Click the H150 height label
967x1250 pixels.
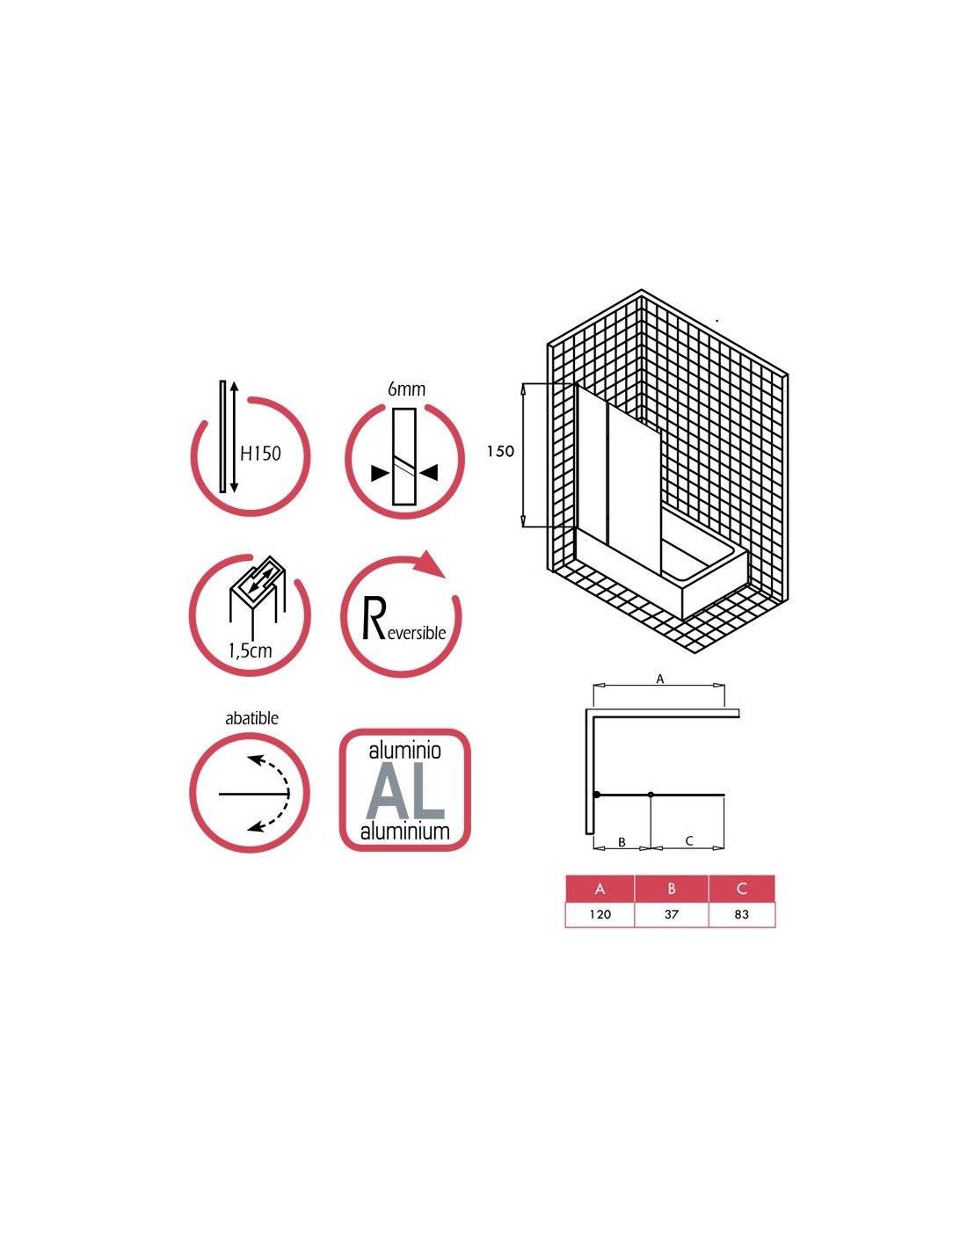coord(260,454)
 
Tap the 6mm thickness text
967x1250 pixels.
coord(406,389)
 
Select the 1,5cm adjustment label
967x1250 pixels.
coord(250,650)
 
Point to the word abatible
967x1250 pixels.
coord(251,718)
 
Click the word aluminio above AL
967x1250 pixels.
coord(404,750)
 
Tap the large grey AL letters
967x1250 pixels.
coord(405,792)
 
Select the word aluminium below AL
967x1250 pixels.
coord(404,831)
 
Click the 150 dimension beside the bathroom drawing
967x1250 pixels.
coord(500,452)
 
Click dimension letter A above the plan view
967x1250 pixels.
coord(660,679)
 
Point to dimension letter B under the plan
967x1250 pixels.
coord(622,842)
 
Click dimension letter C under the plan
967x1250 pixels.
coord(689,841)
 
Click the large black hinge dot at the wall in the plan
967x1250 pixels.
coord(597,795)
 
